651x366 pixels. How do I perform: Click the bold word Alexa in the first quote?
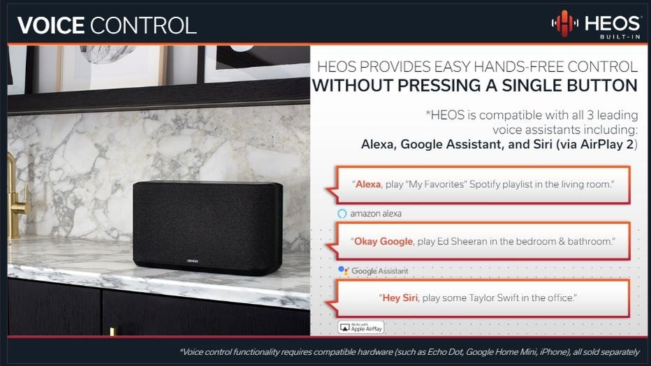click(368, 184)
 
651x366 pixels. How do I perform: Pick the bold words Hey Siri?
click(400, 298)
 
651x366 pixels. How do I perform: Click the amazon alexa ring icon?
click(342, 213)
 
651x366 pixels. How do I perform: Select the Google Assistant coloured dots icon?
click(343, 270)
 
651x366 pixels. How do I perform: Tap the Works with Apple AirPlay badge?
click(361, 327)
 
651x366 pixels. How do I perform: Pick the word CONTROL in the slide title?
click(143, 25)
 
